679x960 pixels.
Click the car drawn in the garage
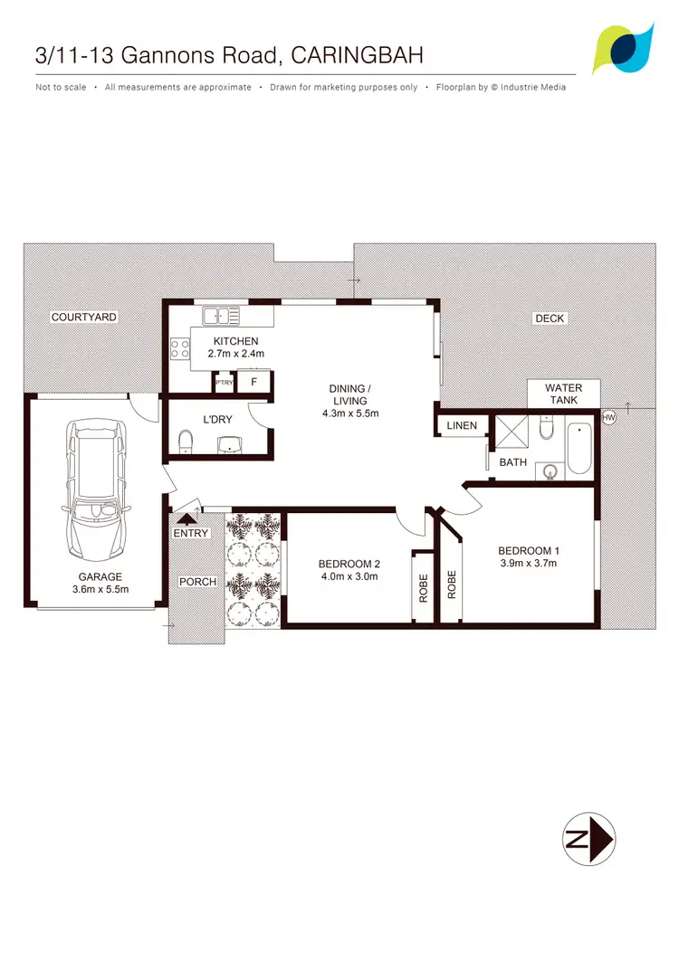(95, 495)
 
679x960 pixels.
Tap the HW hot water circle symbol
(608, 417)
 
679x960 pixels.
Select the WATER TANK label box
(563, 394)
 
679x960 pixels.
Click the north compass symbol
(588, 838)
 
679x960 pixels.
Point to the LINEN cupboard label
(462, 425)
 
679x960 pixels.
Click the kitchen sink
(220, 316)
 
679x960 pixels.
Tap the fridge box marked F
(254, 383)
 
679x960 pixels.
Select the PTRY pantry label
(224, 383)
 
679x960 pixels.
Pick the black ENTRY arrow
(187, 518)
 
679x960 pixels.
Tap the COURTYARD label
(84, 317)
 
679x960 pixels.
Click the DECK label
(550, 318)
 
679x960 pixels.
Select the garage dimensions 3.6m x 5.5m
(100, 589)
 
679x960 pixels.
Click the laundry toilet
(185, 441)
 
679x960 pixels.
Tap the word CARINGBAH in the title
(359, 55)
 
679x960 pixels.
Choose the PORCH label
(198, 581)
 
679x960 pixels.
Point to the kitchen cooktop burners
(178, 349)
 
